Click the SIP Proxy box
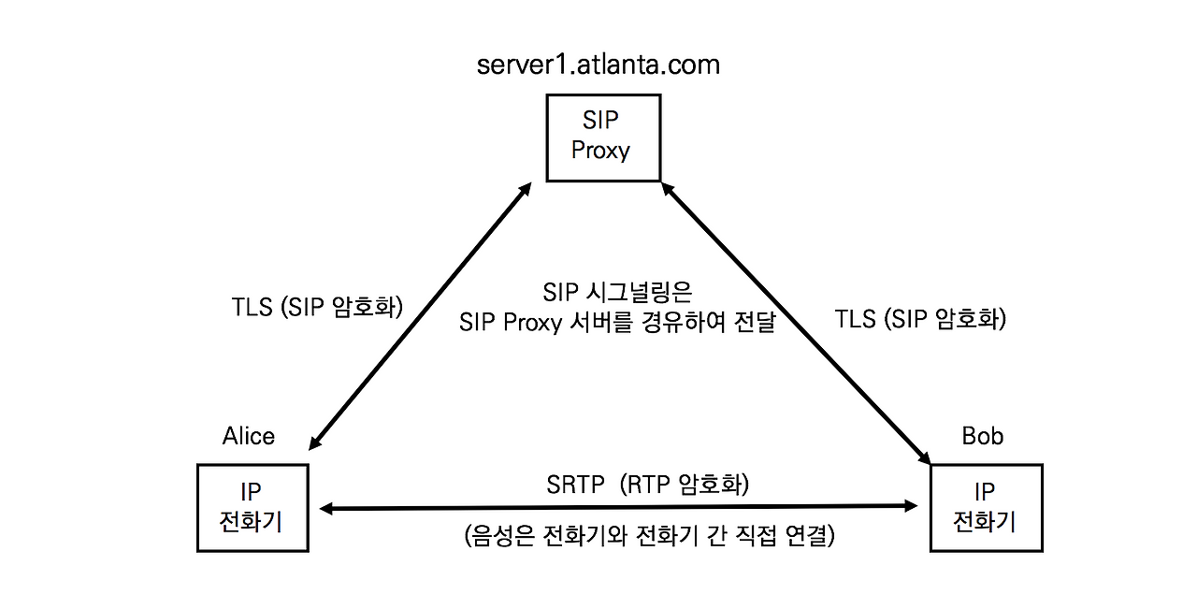pos(603,137)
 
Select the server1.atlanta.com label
pos(598,65)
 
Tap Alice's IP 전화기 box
pos(252,507)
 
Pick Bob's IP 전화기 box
pos(986,507)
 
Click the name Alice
pos(249,437)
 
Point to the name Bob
pos(982,437)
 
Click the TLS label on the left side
pos(317,308)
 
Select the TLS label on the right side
pos(920,319)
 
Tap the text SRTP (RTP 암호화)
pos(648,486)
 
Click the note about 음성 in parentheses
pos(648,537)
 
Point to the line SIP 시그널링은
pos(617,293)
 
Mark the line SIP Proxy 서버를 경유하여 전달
pos(617,323)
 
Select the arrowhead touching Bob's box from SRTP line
pos(912,506)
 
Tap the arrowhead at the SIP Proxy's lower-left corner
pos(526,189)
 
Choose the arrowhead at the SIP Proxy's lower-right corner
pos(668,189)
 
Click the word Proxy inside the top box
pos(600,150)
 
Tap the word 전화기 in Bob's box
pos(985,520)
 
